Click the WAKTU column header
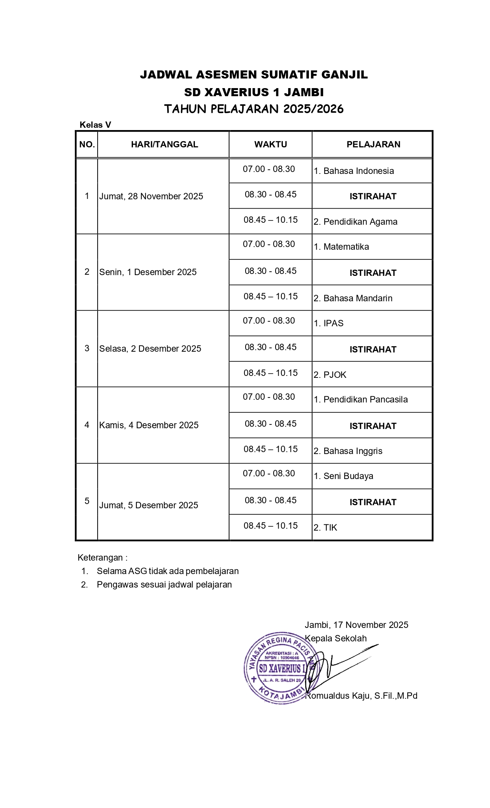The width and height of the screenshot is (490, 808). (271, 144)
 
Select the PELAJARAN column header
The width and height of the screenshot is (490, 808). (373, 144)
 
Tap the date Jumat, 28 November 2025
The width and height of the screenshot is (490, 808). (151, 196)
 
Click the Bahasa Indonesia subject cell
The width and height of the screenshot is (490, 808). (354, 171)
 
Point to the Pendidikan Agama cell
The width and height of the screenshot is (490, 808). (355, 222)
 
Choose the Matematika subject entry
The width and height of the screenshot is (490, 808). (341, 247)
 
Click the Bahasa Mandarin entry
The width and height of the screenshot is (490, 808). (353, 298)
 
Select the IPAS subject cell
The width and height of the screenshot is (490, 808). (329, 323)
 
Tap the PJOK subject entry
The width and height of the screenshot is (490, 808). (330, 375)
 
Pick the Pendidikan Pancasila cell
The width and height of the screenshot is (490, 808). (361, 399)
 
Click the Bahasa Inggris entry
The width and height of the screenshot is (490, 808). (348, 451)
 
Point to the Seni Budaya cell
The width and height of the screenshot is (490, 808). (344, 476)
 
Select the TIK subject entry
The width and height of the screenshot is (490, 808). (326, 528)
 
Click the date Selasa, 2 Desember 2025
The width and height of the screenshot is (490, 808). (150, 349)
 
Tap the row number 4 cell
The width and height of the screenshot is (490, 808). (87, 425)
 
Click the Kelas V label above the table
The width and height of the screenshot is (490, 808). (95, 125)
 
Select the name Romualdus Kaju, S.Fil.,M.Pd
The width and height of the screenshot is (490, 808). (361, 696)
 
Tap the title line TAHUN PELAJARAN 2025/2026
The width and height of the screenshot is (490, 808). (254, 109)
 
